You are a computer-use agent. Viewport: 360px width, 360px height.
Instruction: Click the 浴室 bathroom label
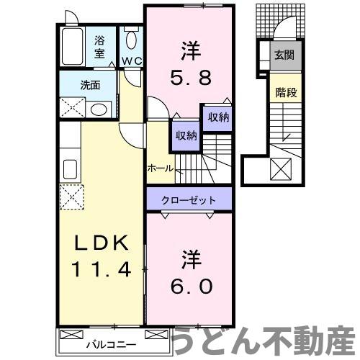pos(99,47)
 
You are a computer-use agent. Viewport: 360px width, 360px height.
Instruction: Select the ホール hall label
pos(160,168)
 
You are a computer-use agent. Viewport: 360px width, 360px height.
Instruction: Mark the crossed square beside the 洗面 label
pos(71,108)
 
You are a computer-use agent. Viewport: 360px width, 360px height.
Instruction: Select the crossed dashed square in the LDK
pos(71,196)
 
